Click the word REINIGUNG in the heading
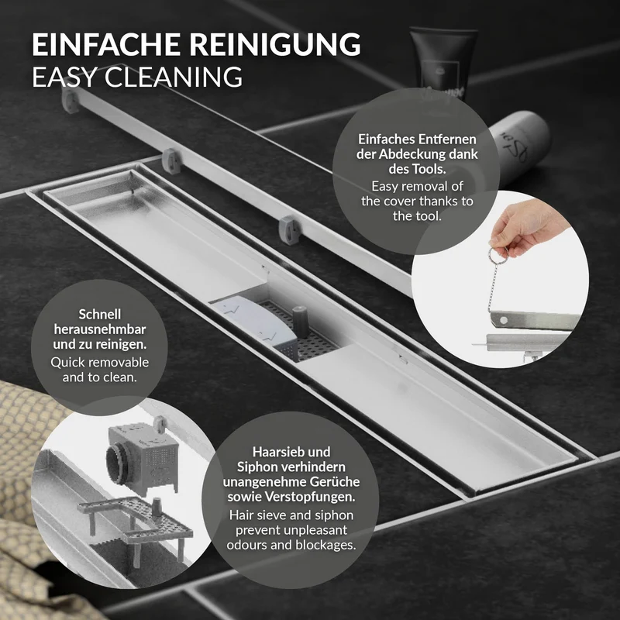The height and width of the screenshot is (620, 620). [275, 44]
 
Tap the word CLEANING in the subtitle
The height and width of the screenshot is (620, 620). [174, 77]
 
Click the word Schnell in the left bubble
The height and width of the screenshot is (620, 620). [100, 315]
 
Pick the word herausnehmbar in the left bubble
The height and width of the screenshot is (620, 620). [100, 329]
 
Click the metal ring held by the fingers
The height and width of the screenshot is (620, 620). [498, 252]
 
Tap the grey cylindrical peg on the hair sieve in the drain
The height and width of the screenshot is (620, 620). [301, 322]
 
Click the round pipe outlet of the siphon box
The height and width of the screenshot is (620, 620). [118, 461]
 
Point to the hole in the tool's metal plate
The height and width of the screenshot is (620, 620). [504, 319]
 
